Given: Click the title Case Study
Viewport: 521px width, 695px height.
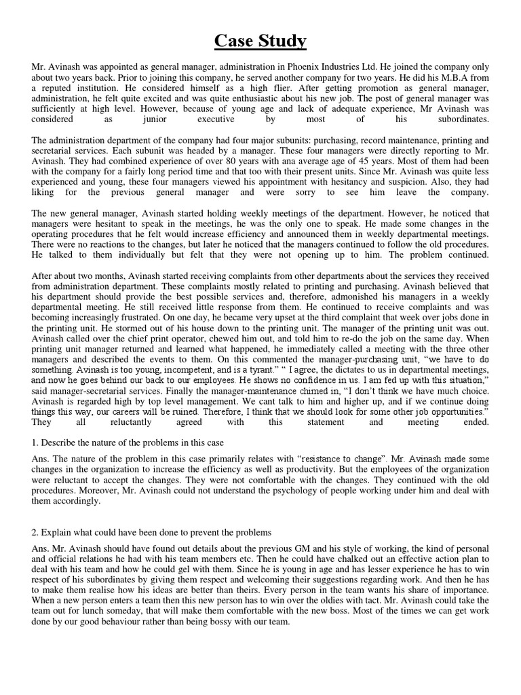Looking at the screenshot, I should [260, 41].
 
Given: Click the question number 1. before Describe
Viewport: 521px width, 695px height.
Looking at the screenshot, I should [35, 424].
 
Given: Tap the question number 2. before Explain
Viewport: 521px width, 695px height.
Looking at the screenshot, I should [35, 531].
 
